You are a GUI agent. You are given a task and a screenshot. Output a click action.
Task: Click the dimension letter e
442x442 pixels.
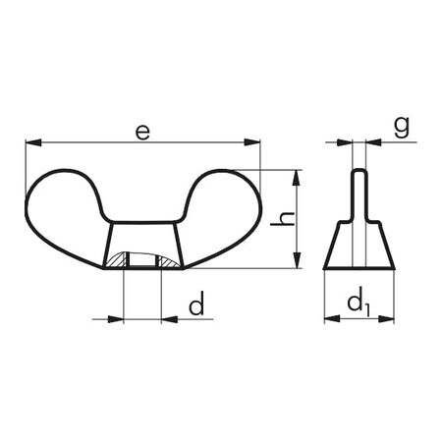(143, 131)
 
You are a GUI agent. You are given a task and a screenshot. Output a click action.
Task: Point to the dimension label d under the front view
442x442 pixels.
(197, 306)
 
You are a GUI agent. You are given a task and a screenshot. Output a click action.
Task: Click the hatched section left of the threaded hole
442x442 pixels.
(118, 261)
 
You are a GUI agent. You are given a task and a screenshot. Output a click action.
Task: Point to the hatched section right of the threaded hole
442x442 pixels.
(168, 261)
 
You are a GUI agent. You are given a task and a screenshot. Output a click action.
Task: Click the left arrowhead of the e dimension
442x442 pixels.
(30, 143)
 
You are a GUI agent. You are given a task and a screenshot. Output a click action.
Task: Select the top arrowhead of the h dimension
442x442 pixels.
(296, 175)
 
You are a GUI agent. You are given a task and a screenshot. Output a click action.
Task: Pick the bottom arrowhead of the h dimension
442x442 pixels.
(296, 262)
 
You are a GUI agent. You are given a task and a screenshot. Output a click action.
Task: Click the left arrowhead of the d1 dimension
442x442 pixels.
(329, 317)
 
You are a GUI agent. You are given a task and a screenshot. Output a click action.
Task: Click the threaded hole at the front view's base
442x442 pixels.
(143, 261)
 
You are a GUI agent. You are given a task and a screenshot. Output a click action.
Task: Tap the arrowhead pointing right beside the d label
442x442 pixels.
(119, 317)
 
